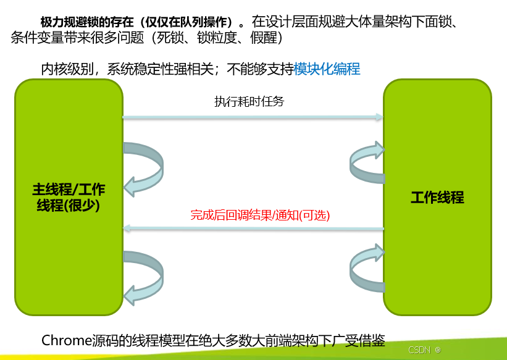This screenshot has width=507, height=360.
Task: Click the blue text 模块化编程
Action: (327, 69)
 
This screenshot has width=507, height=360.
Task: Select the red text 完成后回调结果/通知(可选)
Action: (260, 216)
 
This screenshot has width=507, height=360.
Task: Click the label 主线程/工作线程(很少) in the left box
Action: (69, 198)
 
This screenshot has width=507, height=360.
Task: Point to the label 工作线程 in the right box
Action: (437, 198)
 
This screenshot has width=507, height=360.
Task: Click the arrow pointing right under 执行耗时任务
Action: (253, 116)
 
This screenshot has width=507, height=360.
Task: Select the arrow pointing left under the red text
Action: (253, 228)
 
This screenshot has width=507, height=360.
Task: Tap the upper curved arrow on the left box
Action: (144, 167)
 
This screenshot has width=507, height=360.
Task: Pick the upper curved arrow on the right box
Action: (366, 162)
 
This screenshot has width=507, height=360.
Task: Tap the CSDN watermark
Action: (419, 350)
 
